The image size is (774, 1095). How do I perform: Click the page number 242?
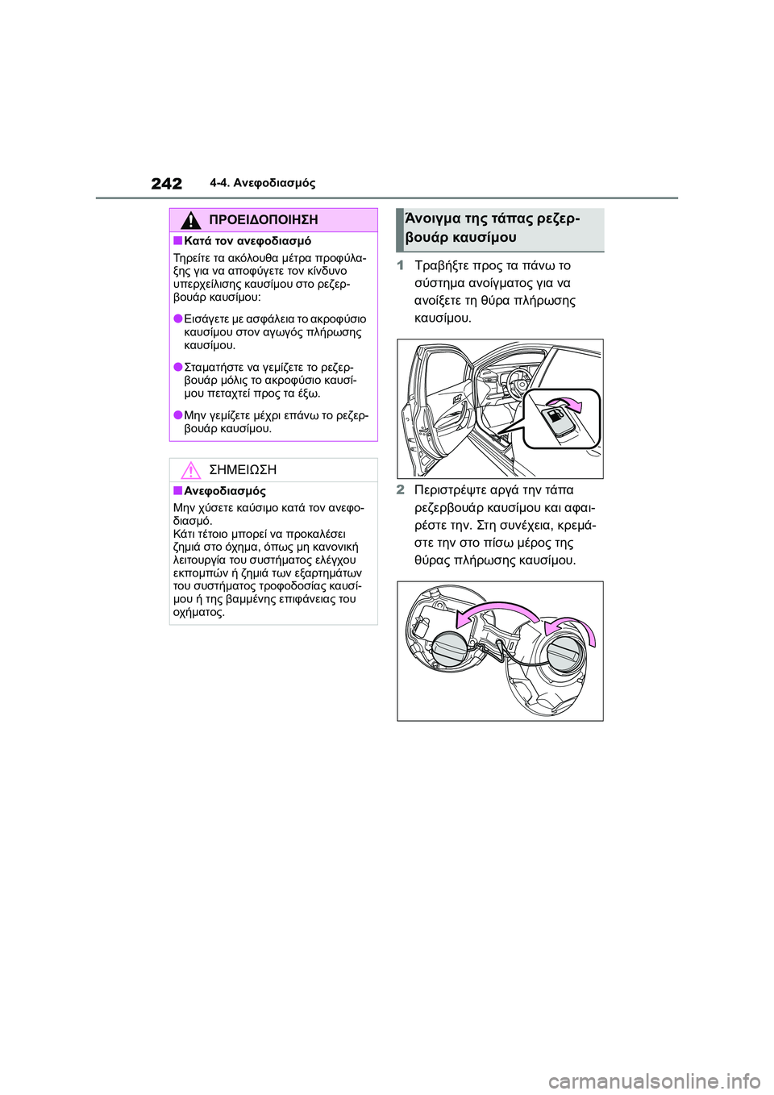167,184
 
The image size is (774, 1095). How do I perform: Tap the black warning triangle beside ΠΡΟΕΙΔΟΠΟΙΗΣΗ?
190,219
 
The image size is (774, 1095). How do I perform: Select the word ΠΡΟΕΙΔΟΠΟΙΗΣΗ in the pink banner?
263,219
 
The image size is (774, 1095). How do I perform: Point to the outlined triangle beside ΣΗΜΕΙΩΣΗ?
190,470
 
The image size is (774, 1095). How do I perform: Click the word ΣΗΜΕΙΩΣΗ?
243,470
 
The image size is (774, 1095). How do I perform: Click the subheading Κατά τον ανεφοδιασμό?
247,241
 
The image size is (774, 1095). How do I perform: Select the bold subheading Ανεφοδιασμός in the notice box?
224,491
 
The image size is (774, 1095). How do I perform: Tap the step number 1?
401,265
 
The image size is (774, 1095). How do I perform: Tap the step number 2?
401,489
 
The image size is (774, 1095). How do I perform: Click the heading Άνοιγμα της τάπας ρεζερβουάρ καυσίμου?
492,227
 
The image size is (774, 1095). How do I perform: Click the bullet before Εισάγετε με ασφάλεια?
177,319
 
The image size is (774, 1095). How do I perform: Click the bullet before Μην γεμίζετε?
177,415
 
